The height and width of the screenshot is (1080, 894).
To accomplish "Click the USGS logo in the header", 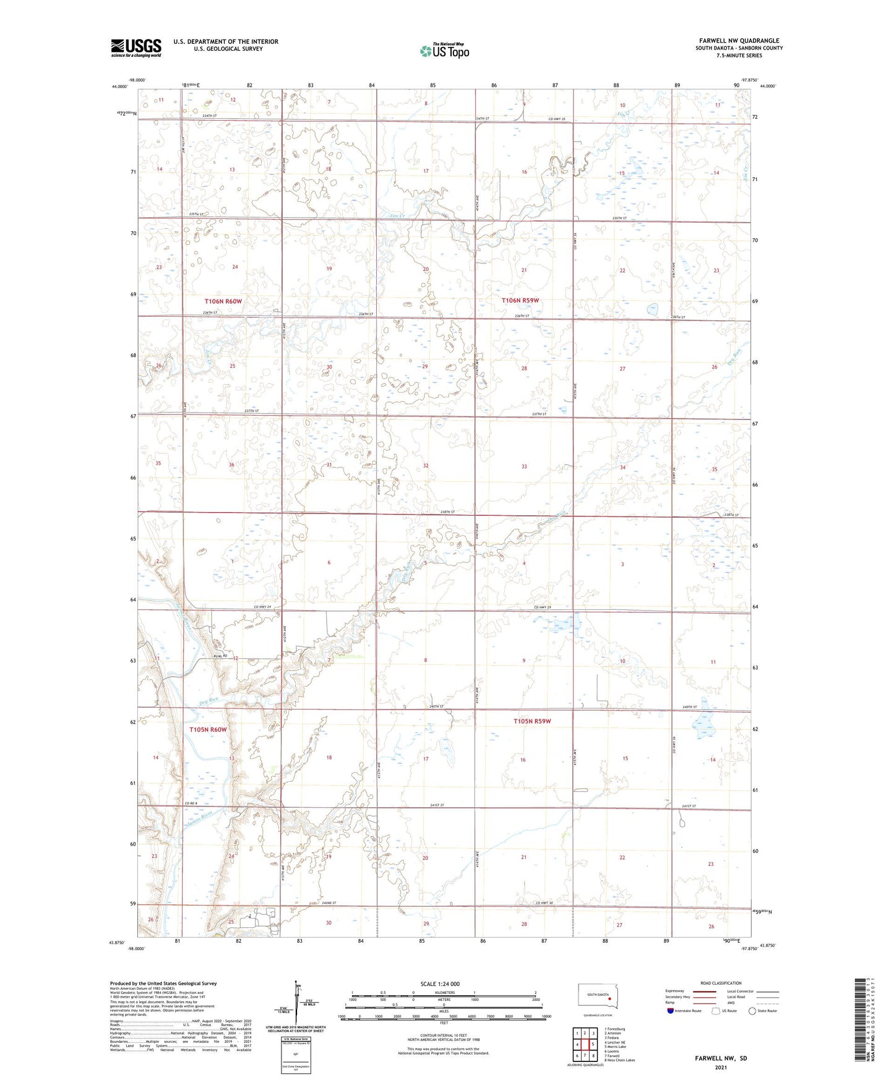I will click(x=135, y=48).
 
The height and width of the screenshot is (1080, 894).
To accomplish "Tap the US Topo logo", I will click(x=444, y=51).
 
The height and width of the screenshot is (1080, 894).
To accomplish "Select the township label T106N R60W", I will click(x=223, y=301).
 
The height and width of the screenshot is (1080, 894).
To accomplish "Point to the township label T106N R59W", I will click(x=520, y=301).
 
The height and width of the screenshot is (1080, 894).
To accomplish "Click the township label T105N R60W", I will click(x=208, y=730).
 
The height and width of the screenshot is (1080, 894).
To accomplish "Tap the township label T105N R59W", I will click(x=532, y=721).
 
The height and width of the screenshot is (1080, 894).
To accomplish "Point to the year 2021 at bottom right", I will click(x=720, y=1067).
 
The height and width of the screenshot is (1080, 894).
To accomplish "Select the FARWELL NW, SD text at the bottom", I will click(x=721, y=1058).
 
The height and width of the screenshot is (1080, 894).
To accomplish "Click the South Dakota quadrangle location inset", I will click(x=597, y=996).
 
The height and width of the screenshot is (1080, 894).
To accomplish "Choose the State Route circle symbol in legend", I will click(x=752, y=1011).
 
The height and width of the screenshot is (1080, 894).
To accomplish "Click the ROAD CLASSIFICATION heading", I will click(x=721, y=983).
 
